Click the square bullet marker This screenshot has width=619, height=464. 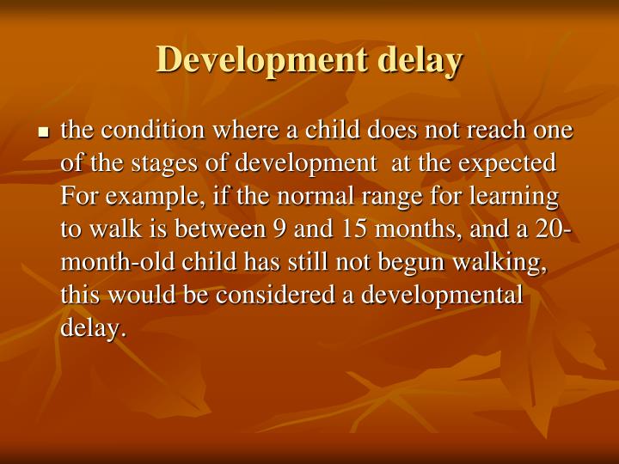[x=44, y=133]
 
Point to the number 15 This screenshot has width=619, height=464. [x=348, y=229]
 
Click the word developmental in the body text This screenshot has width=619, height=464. [x=441, y=294]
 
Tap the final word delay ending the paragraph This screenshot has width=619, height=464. [x=92, y=327]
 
